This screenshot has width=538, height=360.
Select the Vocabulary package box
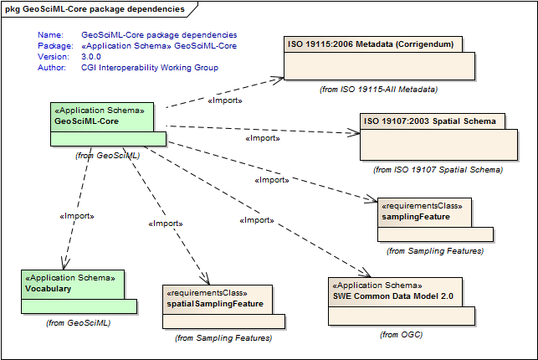73,290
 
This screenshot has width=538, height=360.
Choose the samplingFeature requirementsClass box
435,219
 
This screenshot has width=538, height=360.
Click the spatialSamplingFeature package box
223,306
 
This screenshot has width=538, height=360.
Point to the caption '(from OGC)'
401,334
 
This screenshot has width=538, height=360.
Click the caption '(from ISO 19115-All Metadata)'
379,88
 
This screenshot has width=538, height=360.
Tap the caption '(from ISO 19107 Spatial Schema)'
438,169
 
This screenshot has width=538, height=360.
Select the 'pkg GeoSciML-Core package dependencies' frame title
95,8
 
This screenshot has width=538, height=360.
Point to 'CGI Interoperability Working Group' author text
150,68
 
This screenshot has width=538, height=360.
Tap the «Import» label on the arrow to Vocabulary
76,216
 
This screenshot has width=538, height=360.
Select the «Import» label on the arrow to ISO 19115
224,100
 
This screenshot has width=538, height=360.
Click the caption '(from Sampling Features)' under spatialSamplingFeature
223,338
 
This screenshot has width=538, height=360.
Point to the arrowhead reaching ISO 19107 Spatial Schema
355,131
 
